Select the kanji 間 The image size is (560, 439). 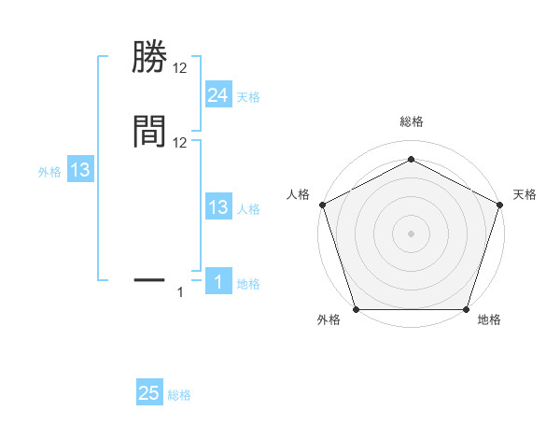click(x=149, y=132)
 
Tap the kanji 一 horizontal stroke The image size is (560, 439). click(x=149, y=278)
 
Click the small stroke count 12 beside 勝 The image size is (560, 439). click(x=180, y=69)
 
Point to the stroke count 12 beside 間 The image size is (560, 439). click(x=180, y=142)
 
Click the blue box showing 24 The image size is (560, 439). click(x=217, y=95)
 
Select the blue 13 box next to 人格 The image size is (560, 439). click(x=217, y=207)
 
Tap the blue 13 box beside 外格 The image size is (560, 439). click(x=80, y=170)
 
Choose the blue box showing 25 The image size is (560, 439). click(x=149, y=393)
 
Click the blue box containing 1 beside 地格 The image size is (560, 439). click(x=217, y=283)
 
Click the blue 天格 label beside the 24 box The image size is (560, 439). click(x=248, y=97)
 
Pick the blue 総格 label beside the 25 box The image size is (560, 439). click(x=179, y=395)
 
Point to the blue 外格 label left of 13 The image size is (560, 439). click(x=49, y=172)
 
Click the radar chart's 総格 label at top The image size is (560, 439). click(x=411, y=122)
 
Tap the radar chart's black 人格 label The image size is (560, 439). click(x=299, y=194)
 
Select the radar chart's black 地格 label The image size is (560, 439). click(x=489, y=320)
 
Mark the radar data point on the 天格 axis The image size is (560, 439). click(x=500, y=204)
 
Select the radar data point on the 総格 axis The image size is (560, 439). click(x=411, y=159)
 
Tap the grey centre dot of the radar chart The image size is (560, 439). click(x=411, y=233)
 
